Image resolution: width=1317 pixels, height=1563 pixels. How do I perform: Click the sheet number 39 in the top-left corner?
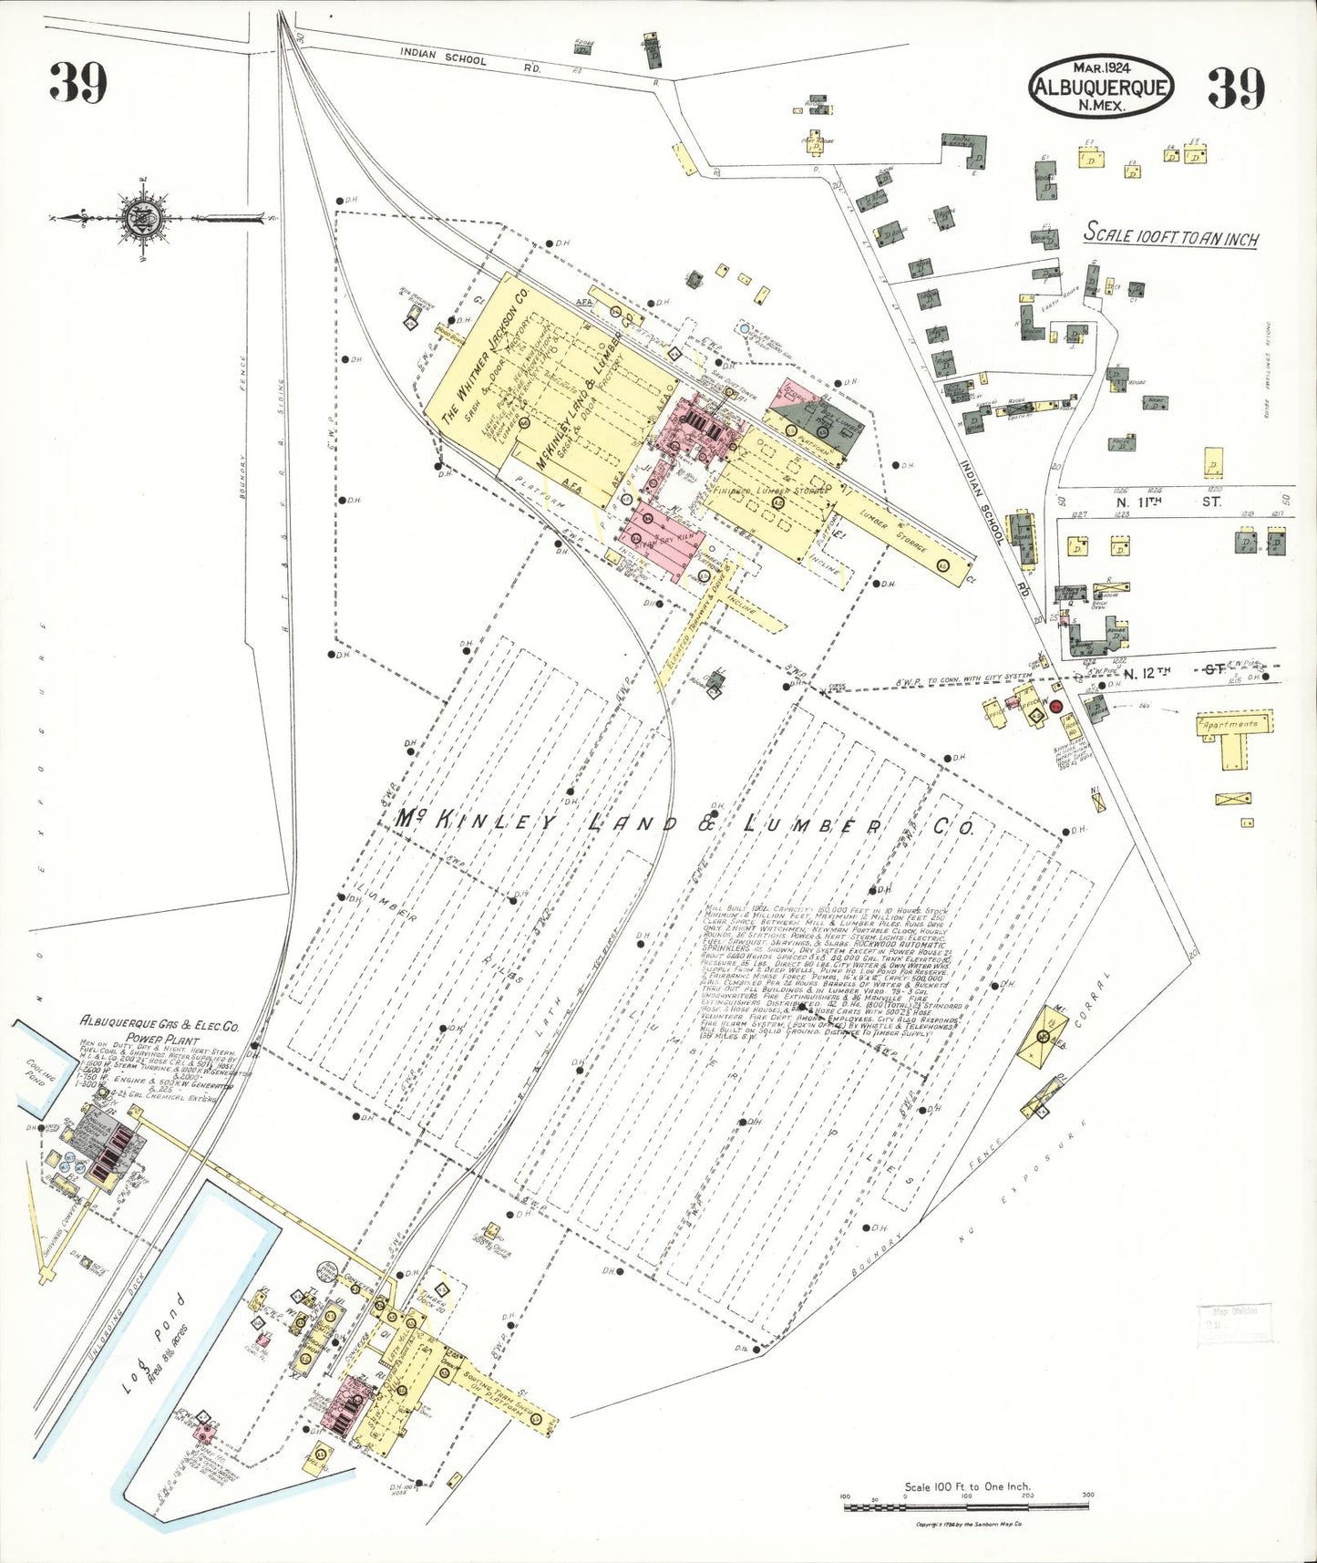[78, 83]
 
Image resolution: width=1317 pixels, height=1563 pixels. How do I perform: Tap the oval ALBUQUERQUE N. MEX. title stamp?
[1100, 88]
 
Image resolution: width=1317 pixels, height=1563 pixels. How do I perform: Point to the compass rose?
[146, 218]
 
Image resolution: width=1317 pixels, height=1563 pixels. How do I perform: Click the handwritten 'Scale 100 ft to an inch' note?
[1170, 235]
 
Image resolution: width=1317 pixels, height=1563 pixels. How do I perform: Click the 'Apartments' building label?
[1230, 724]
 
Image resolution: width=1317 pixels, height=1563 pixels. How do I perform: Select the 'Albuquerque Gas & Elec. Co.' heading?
[159, 1024]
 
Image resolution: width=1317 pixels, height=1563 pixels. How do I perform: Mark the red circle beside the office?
[1056, 707]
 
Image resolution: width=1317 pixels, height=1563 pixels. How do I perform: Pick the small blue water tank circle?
[745, 327]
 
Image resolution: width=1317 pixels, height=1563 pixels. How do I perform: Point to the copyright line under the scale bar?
[969, 1524]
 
